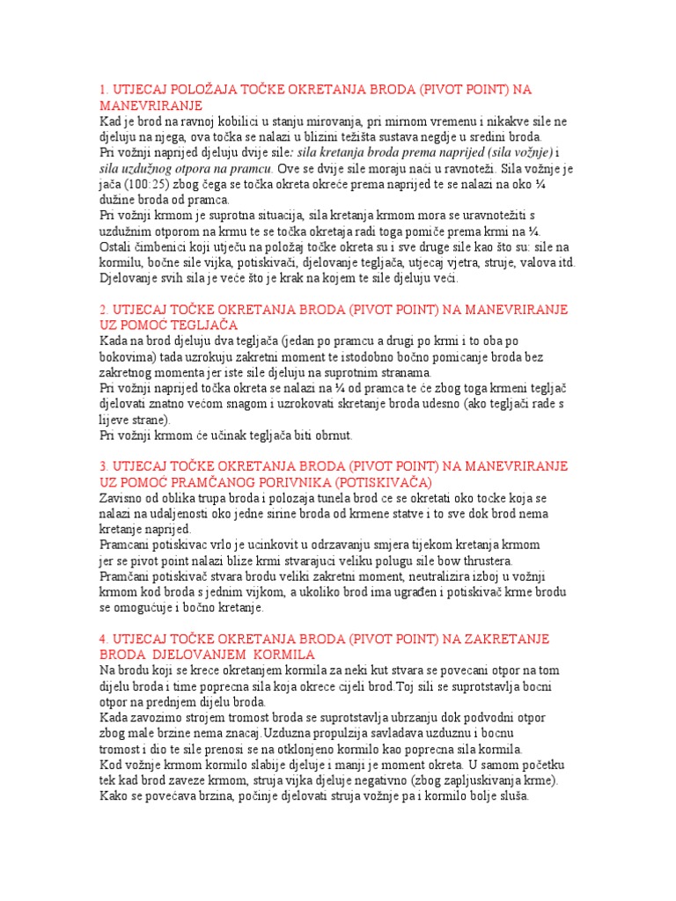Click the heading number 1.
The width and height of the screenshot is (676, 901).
coord(102,90)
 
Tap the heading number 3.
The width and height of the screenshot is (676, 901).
coord(102,465)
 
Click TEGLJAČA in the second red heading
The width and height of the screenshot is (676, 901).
coord(202,325)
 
